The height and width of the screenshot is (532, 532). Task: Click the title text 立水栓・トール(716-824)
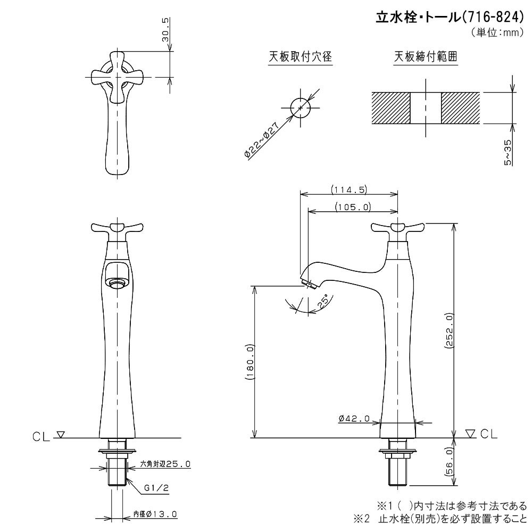[x=450, y=17]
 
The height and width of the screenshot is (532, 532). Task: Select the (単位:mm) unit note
[x=497, y=32]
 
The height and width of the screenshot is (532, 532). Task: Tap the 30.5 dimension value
[x=165, y=30]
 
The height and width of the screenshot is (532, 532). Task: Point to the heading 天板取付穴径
[x=300, y=56]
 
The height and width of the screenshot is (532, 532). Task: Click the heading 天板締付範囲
[x=426, y=56]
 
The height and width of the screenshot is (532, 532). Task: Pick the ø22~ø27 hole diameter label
[x=262, y=139]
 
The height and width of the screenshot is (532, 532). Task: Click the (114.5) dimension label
[x=349, y=189]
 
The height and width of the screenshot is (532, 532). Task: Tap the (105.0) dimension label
[x=353, y=206]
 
